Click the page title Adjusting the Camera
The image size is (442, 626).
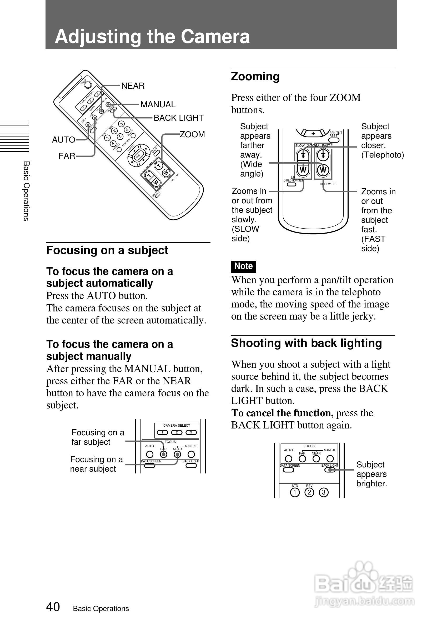[x=152, y=37]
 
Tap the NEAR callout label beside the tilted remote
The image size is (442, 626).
[x=133, y=86]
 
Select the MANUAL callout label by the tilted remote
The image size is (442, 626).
[x=158, y=104]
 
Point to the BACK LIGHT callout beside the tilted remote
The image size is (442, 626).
[x=179, y=118]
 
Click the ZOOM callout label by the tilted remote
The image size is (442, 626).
[x=192, y=134]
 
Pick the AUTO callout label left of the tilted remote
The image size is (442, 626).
[x=63, y=140]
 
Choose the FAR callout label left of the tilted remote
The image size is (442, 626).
[x=67, y=156]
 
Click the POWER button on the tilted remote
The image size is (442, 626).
[x=88, y=84]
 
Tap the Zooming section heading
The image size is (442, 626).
[x=255, y=77]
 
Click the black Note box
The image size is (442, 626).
[x=244, y=266]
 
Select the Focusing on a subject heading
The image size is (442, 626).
[x=107, y=250]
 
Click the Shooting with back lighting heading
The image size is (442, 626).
[x=306, y=343]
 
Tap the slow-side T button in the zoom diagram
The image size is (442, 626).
[x=303, y=156]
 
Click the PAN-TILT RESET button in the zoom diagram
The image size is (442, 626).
[x=334, y=140]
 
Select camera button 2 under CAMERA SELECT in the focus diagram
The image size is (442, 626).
[x=177, y=432]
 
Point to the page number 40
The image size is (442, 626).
[x=53, y=607]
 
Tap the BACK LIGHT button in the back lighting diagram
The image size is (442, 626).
[x=330, y=470]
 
